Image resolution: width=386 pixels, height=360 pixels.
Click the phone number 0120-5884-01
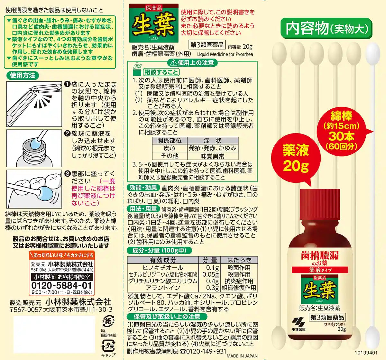(x=61, y=285)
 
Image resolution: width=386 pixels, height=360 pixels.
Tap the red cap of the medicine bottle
(x=319, y=205)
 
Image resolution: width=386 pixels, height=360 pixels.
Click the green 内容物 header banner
(x=326, y=28)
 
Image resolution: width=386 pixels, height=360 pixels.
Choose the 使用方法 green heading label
(x=23, y=75)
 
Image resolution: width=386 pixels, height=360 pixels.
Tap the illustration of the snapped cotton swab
(x=34, y=104)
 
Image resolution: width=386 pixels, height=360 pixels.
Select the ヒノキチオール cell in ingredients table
(x=163, y=268)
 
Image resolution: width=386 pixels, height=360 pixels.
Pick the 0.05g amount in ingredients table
(x=210, y=274)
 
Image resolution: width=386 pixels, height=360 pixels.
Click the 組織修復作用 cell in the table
(x=239, y=288)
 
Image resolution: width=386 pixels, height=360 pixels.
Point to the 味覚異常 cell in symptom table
(x=212, y=156)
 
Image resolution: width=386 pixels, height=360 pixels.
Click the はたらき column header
(x=239, y=260)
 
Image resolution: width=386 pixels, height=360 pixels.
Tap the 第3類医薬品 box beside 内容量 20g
(x=207, y=45)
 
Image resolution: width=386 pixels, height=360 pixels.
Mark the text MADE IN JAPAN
(x=242, y=356)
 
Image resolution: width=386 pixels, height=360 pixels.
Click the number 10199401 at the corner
(x=366, y=353)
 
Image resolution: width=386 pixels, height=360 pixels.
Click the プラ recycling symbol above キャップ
(x=108, y=346)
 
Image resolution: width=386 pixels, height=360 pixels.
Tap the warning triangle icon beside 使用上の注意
(x=173, y=63)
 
